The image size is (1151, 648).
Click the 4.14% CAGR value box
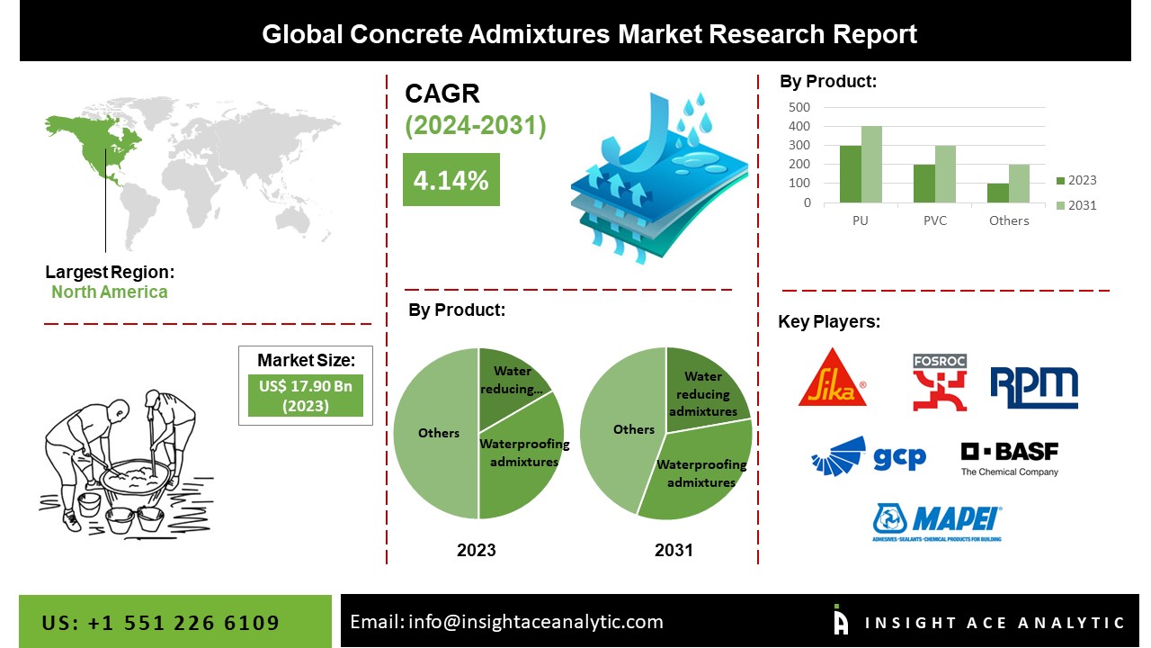coord(451,180)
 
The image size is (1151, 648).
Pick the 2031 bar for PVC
coord(944,174)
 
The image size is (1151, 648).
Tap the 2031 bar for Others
coord(1019,184)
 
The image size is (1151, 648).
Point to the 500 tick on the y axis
coord(799,106)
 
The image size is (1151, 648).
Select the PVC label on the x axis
coord(934,220)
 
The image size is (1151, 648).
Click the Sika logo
coord(833,378)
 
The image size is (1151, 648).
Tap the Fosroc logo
coord(940,382)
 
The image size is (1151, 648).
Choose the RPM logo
coord(1034,387)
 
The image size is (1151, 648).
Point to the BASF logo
coord(1009,458)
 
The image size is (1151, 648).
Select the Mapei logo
coord(937,522)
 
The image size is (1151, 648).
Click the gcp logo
coord(868,456)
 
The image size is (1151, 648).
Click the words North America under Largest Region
coord(109,292)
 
